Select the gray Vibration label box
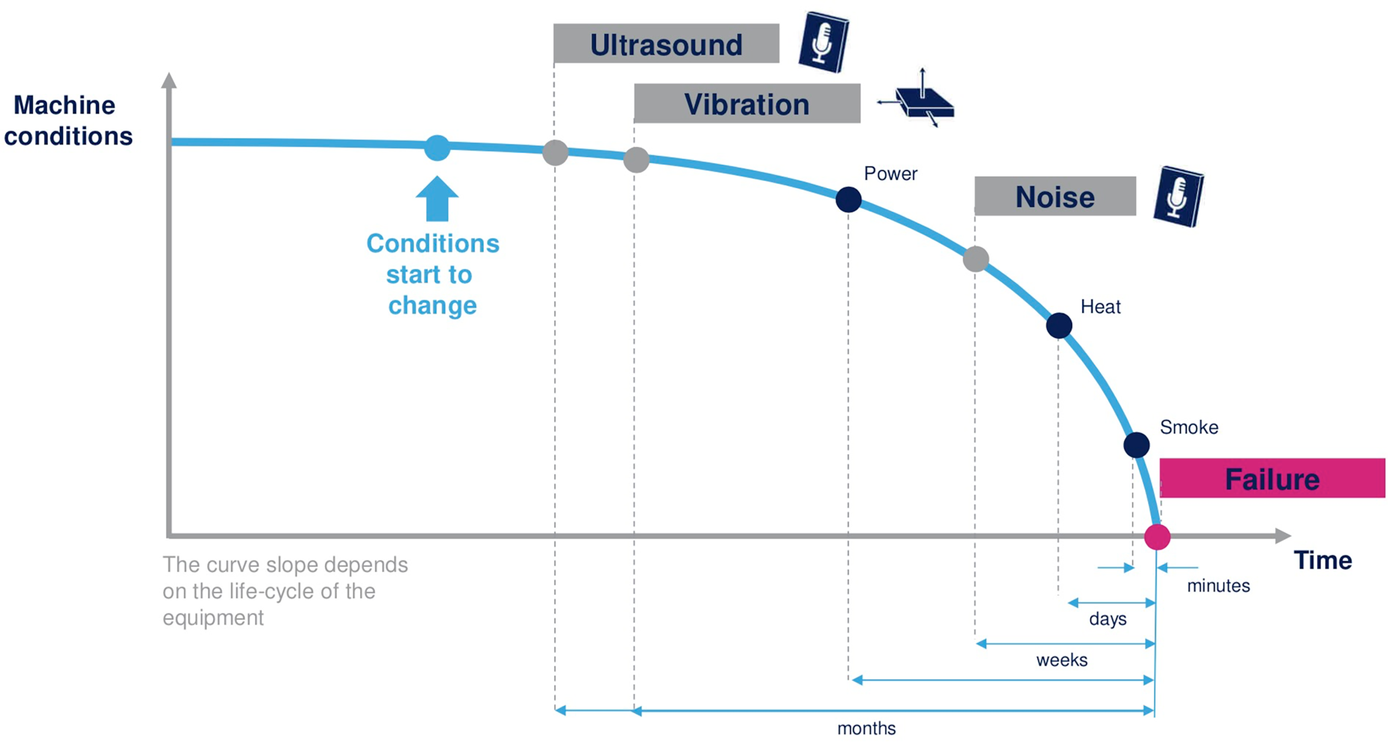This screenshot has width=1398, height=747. click(747, 104)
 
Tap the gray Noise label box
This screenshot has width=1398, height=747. click(1055, 197)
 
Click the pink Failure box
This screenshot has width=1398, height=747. click(1272, 478)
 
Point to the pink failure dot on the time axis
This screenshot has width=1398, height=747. click(1157, 537)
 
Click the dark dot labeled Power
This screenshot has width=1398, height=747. click(848, 199)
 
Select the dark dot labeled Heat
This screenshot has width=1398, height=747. click(1058, 325)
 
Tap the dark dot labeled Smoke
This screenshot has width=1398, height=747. click(1136, 444)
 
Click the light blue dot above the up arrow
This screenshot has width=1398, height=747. click(437, 147)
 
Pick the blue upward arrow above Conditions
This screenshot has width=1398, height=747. click(437, 199)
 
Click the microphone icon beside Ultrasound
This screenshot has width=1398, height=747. click(823, 42)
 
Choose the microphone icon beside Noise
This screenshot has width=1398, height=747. click(1178, 197)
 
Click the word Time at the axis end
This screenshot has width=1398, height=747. click(1322, 561)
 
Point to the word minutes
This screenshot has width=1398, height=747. click(1218, 586)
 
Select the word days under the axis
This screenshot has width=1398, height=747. click(1107, 619)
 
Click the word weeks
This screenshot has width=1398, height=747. click(1061, 660)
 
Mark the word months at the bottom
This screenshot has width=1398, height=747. click(866, 728)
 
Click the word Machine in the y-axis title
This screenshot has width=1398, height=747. click(64, 105)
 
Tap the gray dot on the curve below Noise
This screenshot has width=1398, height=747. click(975, 259)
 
